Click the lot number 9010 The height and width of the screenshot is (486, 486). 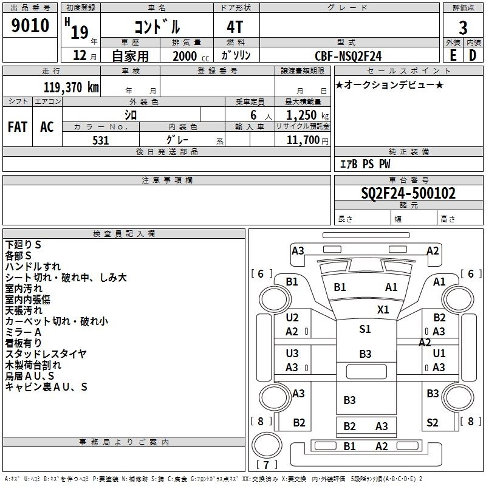click(30, 26)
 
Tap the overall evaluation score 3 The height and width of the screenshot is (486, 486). click(463, 28)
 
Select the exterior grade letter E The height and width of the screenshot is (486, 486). click(453, 54)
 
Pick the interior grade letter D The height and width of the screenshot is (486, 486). click(473, 54)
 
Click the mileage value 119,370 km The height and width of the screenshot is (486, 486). click(72, 87)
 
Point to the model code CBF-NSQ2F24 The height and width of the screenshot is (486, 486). click(348, 55)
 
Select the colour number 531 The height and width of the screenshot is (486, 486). click(100, 140)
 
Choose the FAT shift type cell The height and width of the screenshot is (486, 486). click(17, 127)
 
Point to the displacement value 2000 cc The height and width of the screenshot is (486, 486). click(185, 55)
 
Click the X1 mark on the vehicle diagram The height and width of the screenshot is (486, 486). click(383, 309)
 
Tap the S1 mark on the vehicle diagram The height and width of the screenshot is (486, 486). click(364, 329)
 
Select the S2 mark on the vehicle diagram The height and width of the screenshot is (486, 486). click(433, 423)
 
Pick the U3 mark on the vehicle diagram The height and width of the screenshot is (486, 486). click(292, 353)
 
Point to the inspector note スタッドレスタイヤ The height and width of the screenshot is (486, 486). click(46, 354)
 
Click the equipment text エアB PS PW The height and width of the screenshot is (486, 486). click(364, 164)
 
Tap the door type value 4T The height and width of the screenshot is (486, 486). click(236, 27)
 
